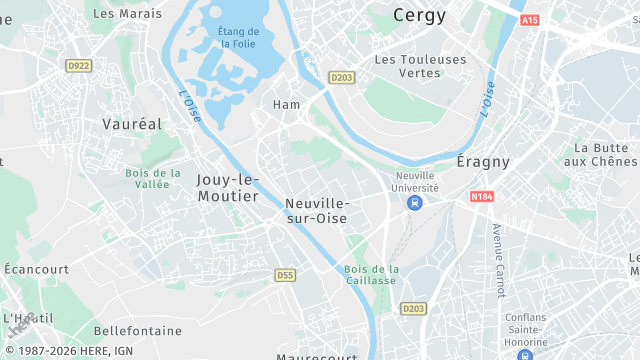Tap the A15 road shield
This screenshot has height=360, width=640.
point(530,20)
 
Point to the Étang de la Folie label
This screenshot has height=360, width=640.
point(237,38)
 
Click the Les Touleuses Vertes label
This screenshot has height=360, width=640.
point(420,66)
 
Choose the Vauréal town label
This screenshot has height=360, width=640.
point(131,125)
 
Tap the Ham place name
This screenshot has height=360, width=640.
point(287,104)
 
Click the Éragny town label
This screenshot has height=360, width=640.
point(483,161)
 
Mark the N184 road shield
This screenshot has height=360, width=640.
point(482,197)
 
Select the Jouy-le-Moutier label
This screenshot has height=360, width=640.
point(228,187)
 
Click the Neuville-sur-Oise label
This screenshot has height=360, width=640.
point(316,209)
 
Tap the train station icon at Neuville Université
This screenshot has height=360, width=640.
point(413,203)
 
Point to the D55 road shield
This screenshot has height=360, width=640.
point(285,274)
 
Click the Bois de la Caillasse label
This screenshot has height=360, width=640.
point(371,275)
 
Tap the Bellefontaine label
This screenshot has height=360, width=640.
point(138,330)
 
